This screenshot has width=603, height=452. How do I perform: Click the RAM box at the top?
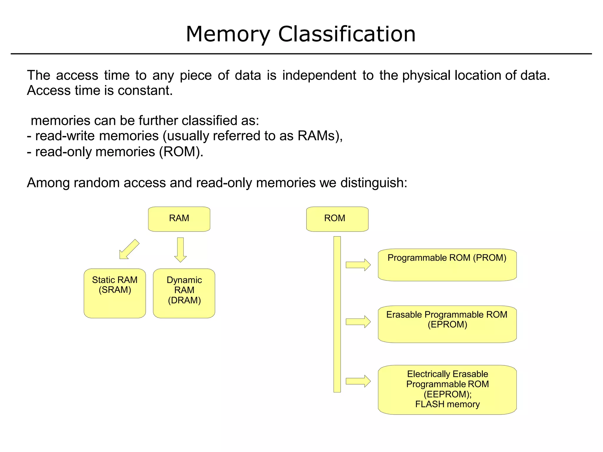click(x=179, y=219)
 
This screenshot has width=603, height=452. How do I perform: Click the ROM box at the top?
click(x=337, y=219)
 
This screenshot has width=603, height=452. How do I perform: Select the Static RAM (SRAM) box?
click(x=115, y=293)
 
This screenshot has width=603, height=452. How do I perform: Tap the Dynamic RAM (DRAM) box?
click(x=184, y=293)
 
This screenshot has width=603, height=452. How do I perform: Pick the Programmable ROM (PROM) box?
click(x=447, y=265)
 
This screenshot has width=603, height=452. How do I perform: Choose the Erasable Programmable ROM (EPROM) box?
click(x=447, y=324)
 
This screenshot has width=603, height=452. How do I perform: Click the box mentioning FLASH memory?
click(x=447, y=390)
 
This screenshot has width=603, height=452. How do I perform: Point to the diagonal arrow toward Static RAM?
click(x=129, y=249)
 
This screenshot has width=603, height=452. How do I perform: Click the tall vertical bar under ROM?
click(x=337, y=314)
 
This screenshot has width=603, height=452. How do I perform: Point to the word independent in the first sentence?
click(x=319, y=75)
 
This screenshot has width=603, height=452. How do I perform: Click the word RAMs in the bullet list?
click(x=318, y=136)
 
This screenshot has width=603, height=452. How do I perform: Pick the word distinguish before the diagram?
click(x=373, y=183)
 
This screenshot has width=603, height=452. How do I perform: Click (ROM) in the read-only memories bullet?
click(x=181, y=152)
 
